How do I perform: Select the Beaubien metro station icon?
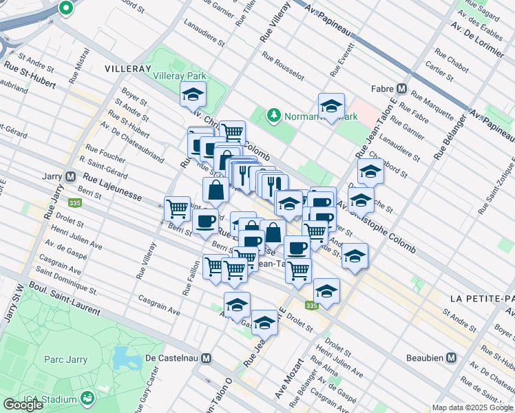452,358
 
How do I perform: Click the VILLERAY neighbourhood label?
127,69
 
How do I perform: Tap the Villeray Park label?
178,74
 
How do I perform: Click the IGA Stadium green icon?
87,398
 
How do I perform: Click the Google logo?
23,404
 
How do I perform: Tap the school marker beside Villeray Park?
193,95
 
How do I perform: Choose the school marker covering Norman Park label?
331,107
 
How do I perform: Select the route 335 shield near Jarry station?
74,202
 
